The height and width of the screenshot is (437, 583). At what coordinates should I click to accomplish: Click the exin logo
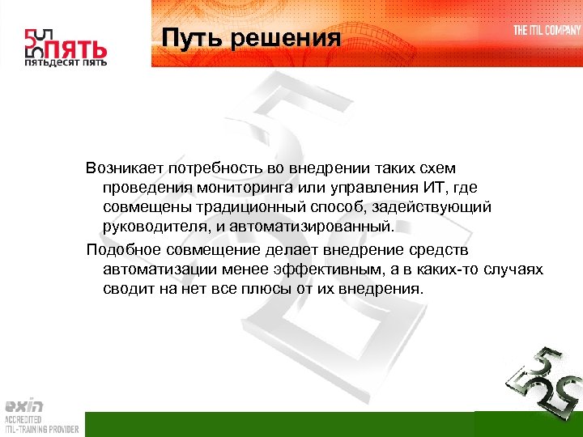pyautogui.click(x=24, y=405)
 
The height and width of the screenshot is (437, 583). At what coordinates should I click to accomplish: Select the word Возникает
pyautogui.click(x=126, y=168)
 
